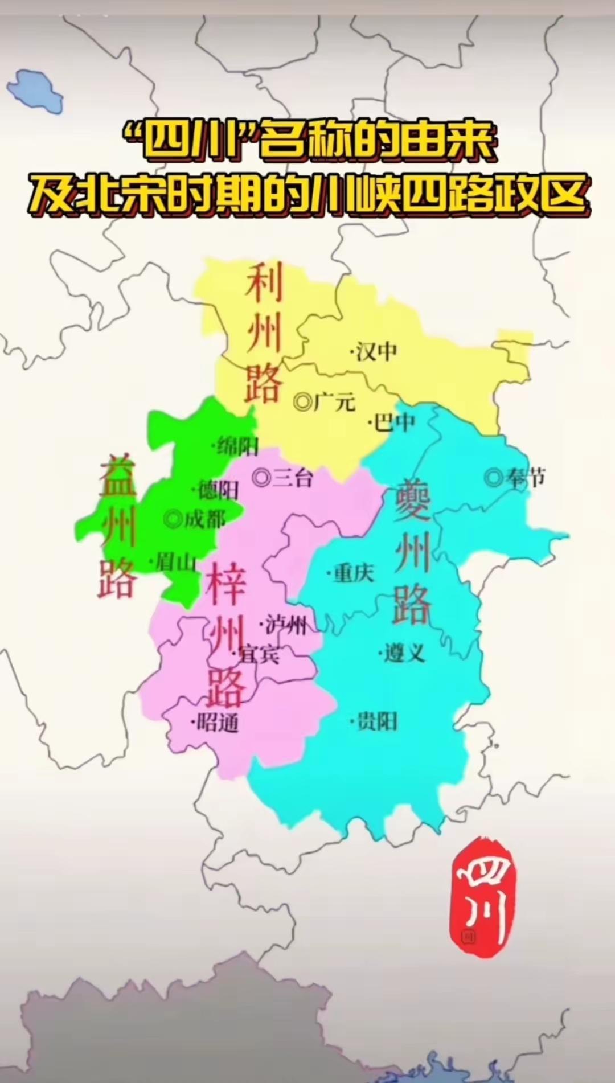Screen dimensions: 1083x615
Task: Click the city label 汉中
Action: (376, 351)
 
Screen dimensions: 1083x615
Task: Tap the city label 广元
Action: (334, 402)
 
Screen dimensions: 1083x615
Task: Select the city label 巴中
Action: (395, 422)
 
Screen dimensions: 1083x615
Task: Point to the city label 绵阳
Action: (237, 446)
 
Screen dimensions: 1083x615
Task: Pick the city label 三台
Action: (292, 477)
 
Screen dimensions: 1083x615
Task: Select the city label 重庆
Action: (354, 572)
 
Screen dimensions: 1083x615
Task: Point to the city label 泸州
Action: (286, 626)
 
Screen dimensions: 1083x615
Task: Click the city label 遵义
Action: (404, 653)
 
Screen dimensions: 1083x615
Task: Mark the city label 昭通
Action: (218, 723)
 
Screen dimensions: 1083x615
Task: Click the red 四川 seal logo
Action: (481, 897)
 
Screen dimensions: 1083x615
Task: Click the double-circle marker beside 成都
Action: (173, 519)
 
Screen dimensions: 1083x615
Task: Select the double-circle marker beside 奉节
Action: (493, 477)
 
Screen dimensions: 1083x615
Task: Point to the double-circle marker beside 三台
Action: (261, 477)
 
